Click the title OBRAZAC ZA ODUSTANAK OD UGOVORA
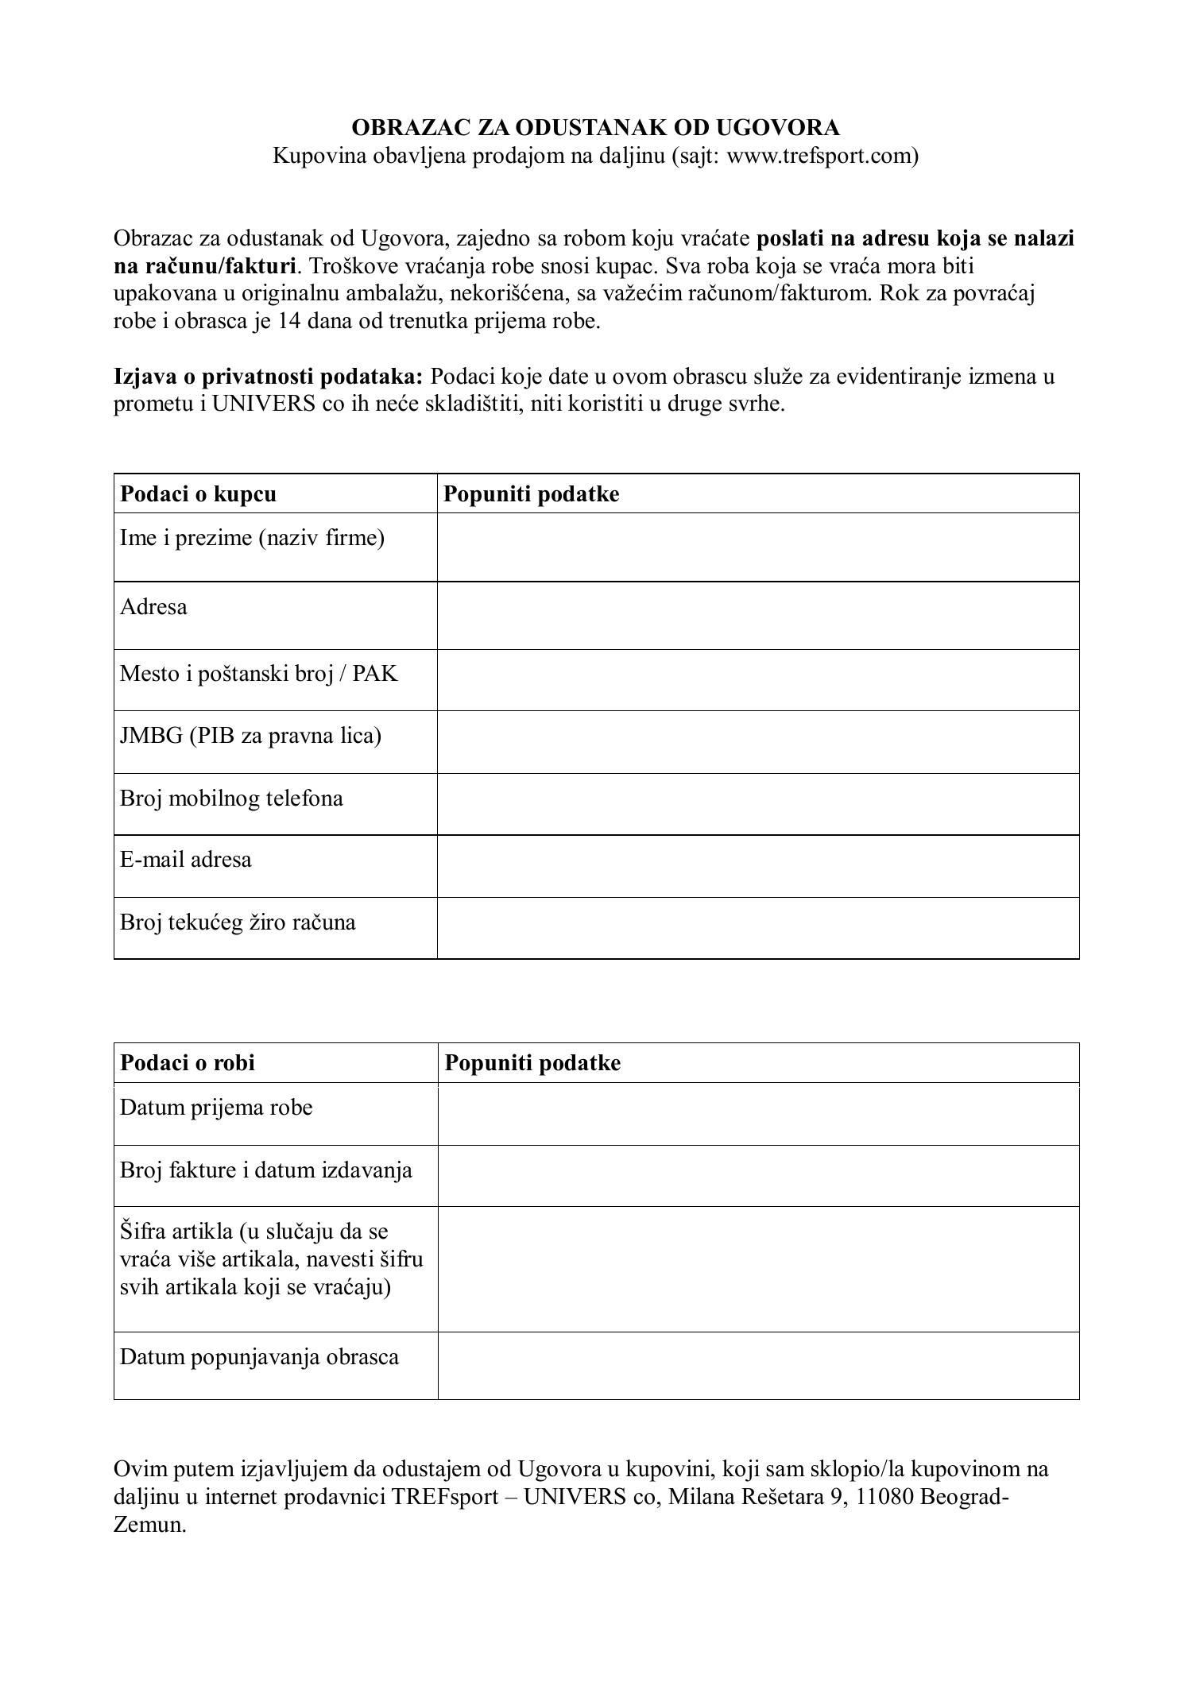coord(595,128)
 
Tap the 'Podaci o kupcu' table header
coord(198,494)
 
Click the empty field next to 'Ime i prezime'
coord(757,547)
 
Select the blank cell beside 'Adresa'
coord(757,616)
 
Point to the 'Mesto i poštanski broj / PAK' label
coord(258,675)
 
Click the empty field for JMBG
coord(757,742)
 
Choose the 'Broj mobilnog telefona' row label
coord(231,799)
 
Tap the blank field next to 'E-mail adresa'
coord(757,866)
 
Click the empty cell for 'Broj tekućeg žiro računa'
coord(757,928)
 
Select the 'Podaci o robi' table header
coord(188,1063)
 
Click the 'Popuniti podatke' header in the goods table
coord(532,1063)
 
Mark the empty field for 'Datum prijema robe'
coord(757,1114)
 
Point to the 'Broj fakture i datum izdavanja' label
coord(265,1170)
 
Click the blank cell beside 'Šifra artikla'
coord(757,1269)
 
